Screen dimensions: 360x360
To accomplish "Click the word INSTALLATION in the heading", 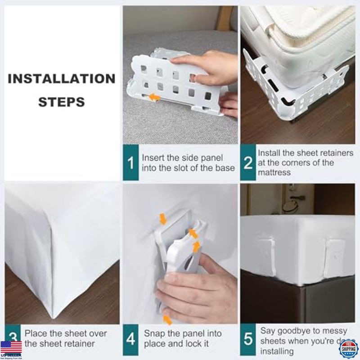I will [x=62, y=79].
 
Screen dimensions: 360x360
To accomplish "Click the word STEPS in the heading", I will [x=62, y=102].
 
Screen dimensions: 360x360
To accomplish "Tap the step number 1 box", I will [x=130, y=163].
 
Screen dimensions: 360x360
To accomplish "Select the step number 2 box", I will [x=247, y=163].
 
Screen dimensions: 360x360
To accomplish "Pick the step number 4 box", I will [x=130, y=339].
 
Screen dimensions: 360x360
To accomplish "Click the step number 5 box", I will [x=247, y=339].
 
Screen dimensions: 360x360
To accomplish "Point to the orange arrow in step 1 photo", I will [x=155, y=97].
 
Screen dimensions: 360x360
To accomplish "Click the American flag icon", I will [x=11, y=347].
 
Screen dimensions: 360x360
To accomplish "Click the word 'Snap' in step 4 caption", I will [x=153, y=333].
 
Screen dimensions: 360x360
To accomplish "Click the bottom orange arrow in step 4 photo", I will [x=167, y=320].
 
